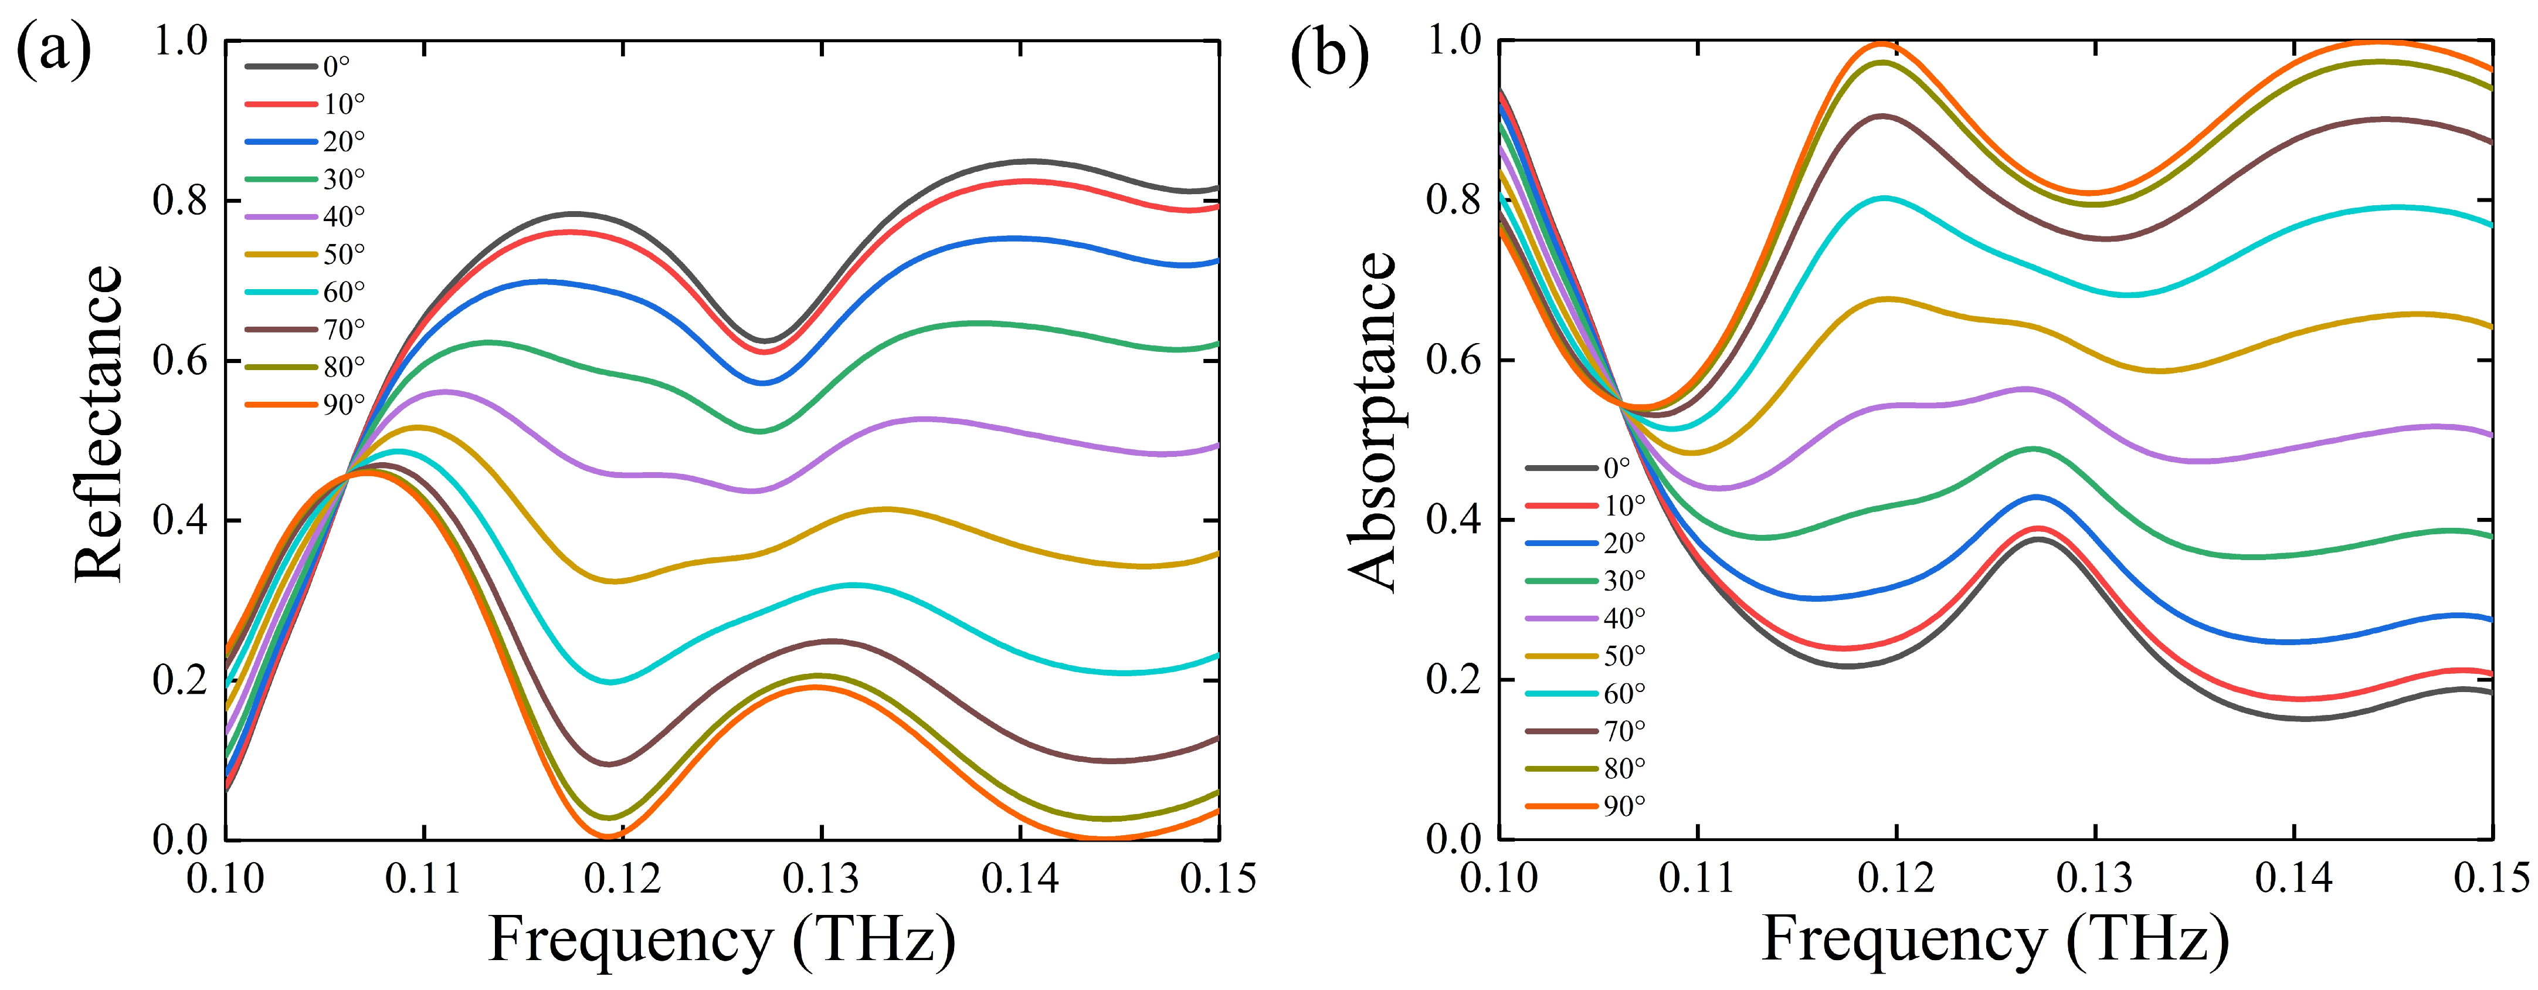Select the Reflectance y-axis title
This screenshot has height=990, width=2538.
tap(99, 423)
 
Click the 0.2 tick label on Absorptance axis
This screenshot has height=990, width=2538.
tap(1454, 680)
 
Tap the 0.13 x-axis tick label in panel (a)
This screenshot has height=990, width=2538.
tap(821, 878)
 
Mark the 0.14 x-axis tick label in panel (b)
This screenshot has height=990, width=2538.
tap(2293, 878)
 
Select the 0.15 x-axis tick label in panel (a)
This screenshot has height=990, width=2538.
tap(1218, 878)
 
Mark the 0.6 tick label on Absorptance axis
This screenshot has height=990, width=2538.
tap(1454, 361)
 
